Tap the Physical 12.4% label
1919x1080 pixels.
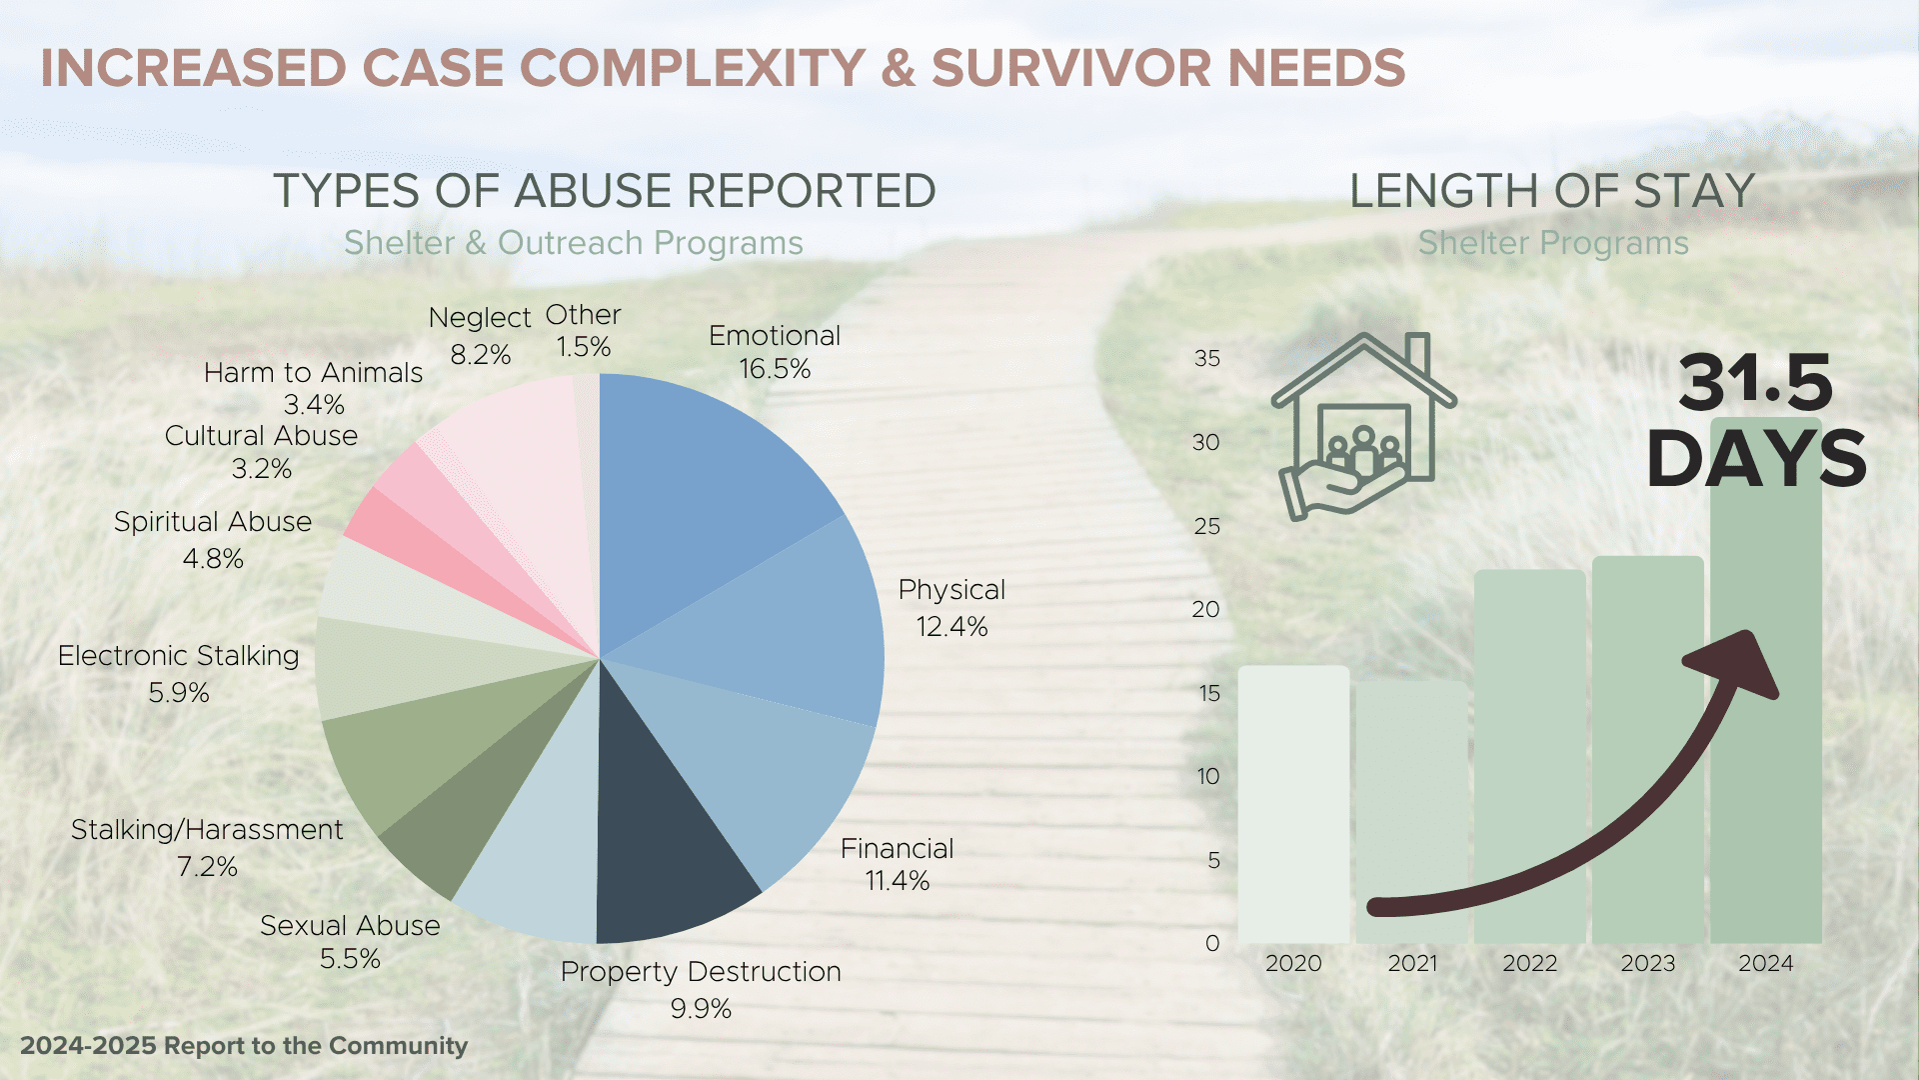point(952,608)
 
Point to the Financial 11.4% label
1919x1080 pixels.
point(898,864)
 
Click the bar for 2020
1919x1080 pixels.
point(1293,804)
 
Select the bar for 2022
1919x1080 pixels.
point(1529,757)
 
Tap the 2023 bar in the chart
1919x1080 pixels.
point(1647,750)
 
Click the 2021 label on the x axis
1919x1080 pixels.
point(1412,963)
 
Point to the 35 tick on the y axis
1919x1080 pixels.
point(1207,358)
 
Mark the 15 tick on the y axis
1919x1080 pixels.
point(1209,693)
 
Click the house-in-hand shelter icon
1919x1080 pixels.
point(1363,426)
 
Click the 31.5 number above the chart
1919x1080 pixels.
point(1756,382)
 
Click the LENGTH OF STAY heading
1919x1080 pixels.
point(1552,190)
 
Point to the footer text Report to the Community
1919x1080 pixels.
point(316,1046)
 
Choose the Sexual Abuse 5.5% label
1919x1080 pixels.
point(350,942)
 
